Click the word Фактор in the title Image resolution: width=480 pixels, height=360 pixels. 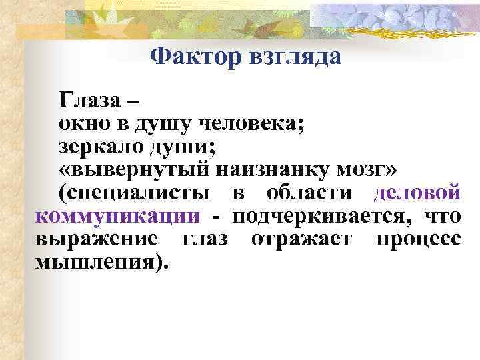(x=188, y=57)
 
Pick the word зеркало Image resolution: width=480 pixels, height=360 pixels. (x=98, y=147)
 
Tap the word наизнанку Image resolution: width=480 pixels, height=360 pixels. (x=261, y=171)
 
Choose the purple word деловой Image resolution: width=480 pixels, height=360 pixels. (x=417, y=193)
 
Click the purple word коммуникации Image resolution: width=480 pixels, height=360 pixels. (x=117, y=217)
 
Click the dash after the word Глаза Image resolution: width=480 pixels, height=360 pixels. (x=133, y=102)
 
